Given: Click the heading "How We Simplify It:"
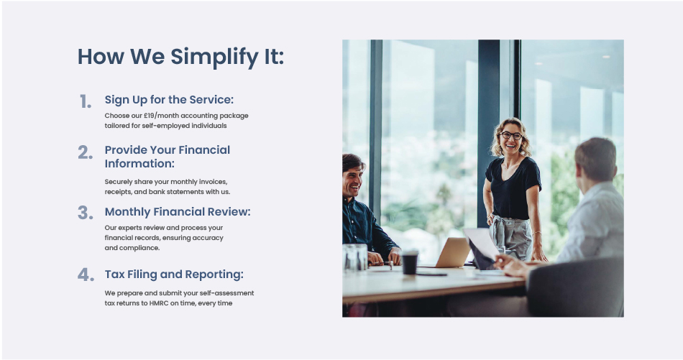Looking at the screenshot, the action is (x=180, y=57).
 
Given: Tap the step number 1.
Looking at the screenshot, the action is (x=86, y=102).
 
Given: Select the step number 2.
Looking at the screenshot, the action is (x=86, y=152).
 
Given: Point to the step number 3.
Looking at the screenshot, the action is (x=86, y=213).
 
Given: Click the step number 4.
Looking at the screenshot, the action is (x=86, y=274).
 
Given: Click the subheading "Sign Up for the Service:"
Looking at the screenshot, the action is (x=169, y=100).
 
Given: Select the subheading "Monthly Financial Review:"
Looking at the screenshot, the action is (x=178, y=211).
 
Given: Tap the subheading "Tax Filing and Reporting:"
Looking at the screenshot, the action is (x=174, y=274).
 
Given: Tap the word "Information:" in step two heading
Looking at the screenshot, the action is (x=139, y=164).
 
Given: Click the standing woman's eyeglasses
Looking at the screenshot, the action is (x=511, y=135).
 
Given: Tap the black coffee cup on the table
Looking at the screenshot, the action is (x=410, y=262).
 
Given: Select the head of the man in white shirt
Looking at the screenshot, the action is (x=595, y=160).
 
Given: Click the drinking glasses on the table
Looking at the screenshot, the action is (x=355, y=257).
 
